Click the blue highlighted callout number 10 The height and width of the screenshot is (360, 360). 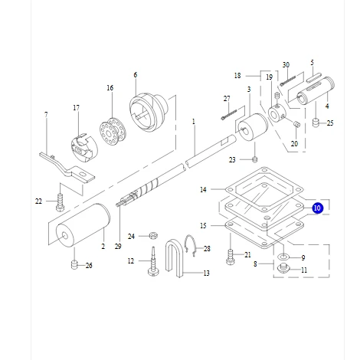pos(318,207)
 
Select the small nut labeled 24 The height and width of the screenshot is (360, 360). pos(152,236)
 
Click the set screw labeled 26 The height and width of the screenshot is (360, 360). pos(75,265)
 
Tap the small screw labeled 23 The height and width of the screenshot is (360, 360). pos(254,159)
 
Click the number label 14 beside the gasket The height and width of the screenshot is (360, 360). pos(203,189)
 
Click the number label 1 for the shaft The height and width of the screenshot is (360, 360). pos(194,121)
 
